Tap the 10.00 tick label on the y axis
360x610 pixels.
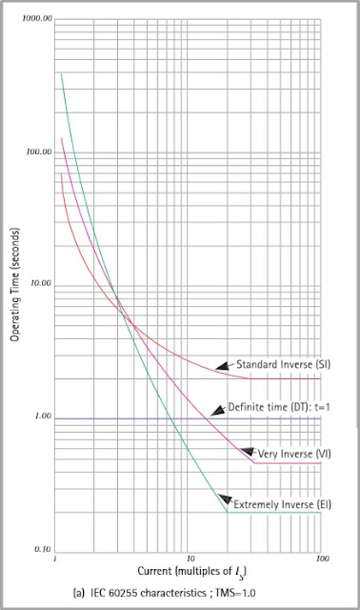[x=38, y=284]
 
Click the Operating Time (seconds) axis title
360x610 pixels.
[x=15, y=285]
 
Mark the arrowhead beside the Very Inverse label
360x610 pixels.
[x=246, y=451]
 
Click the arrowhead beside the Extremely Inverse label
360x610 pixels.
[x=226, y=497]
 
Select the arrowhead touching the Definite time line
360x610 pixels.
[x=214, y=413]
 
